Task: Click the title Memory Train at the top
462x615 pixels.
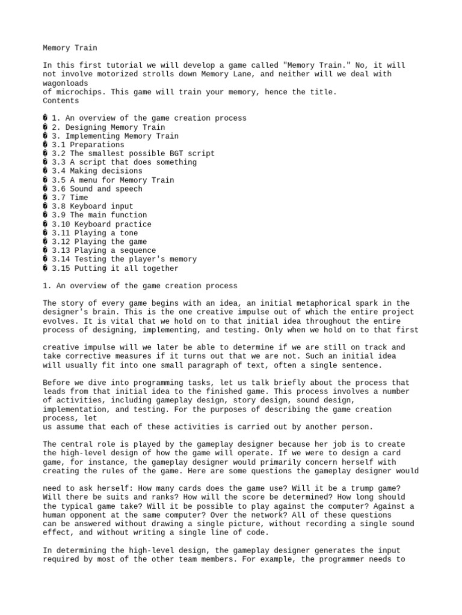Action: coord(70,47)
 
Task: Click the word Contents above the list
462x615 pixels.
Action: coord(61,100)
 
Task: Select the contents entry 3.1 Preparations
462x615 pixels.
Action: coord(88,145)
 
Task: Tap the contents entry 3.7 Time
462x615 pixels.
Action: coord(70,198)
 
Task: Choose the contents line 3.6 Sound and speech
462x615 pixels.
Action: coord(97,189)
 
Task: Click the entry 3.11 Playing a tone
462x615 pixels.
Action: coord(94,233)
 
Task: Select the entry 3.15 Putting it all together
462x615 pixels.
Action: coord(115,268)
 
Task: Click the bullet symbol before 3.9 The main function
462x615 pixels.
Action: coord(46,215)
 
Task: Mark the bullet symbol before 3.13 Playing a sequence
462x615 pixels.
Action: coord(46,250)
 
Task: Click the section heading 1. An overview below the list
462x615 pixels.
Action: coord(140,286)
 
